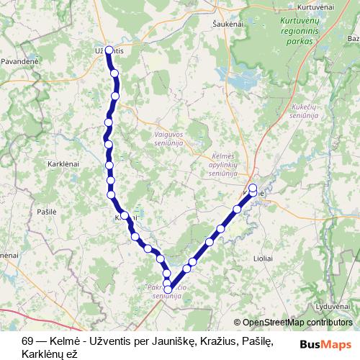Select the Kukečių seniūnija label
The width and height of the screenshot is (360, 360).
point(305,110)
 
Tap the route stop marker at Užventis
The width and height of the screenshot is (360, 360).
point(109,50)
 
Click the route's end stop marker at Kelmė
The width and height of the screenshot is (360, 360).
point(253,189)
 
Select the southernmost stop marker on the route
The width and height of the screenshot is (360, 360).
point(168,290)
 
